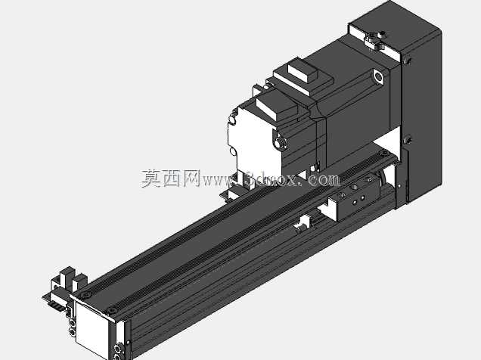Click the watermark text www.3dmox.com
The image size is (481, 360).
click(271, 179)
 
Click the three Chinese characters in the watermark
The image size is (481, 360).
click(171, 178)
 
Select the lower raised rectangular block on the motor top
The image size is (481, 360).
click(277, 107)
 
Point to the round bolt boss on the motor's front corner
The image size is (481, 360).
click(280, 143)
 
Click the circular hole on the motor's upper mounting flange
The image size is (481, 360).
click(379, 76)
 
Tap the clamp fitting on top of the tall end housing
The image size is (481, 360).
click(374, 40)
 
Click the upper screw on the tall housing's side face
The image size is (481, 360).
click(407, 61)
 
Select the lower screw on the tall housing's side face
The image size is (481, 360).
click(408, 141)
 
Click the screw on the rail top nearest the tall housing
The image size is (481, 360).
click(383, 153)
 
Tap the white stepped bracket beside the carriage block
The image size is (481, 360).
click(329, 209)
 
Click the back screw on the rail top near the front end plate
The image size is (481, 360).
click(85, 295)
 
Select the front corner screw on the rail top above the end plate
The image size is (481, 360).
click(112, 311)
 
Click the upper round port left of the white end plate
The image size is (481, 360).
click(73, 323)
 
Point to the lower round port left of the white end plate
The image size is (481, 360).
click(73, 332)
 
